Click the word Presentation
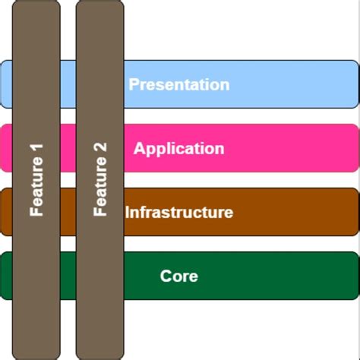178,84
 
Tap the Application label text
178,148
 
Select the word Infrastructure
179,212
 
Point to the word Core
179,276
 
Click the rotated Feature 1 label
36,179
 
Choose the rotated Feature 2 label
100,179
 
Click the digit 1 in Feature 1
36,146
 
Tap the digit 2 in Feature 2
100,146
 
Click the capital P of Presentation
134,84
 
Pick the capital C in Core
166,276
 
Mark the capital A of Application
139,148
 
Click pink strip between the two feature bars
68,148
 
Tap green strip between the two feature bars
68,276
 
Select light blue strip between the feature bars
68,84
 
